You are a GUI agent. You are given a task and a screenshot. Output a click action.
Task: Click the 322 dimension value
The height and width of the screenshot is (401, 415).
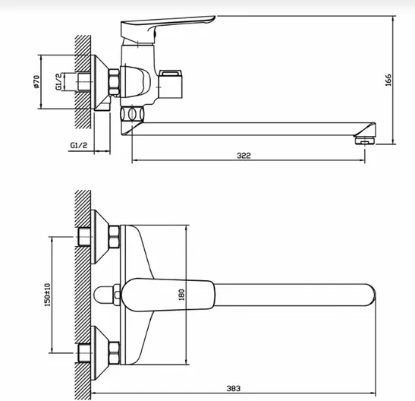point(244,156)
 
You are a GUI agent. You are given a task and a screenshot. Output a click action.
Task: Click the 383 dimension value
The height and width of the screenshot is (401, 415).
point(234,389)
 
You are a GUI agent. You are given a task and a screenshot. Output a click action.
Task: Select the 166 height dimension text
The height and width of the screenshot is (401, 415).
point(388,80)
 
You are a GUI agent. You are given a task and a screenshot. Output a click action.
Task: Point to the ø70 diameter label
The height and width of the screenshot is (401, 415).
point(36,82)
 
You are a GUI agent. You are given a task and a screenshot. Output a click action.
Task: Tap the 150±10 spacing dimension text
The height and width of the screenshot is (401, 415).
point(47,295)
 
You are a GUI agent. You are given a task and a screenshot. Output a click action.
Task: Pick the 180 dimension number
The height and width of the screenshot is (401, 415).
point(181,295)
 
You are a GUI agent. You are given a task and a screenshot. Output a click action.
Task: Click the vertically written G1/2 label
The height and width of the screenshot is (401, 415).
point(58,81)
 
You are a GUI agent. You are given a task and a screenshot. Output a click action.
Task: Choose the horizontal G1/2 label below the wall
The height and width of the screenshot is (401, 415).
point(79,145)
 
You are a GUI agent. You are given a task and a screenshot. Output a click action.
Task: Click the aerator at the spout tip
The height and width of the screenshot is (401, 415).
point(365,141)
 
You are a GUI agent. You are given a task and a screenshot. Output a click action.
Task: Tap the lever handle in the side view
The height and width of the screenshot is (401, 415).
point(167,28)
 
